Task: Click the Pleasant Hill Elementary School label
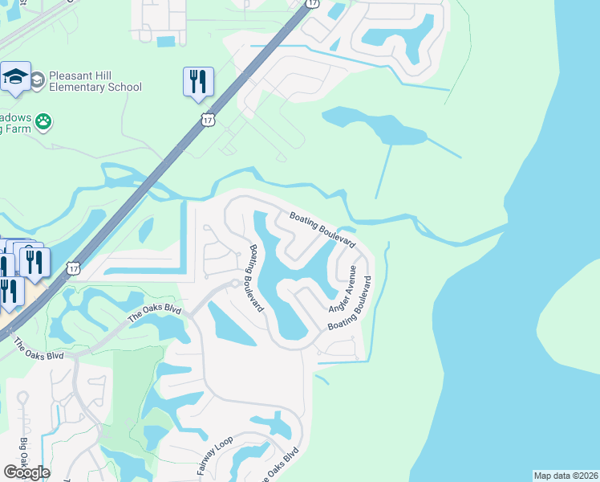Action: click(x=95, y=81)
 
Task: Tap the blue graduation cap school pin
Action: click(x=15, y=77)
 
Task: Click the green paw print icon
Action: click(x=43, y=122)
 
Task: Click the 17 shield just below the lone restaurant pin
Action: click(x=208, y=120)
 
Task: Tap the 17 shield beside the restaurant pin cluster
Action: click(x=73, y=267)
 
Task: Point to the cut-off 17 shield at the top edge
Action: click(x=312, y=4)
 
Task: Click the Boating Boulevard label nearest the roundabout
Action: click(x=255, y=278)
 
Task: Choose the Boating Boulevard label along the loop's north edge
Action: click(x=322, y=230)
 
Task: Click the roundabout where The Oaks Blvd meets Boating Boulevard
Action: click(x=235, y=284)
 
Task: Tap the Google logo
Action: click(x=26, y=472)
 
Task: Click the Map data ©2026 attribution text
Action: click(x=565, y=476)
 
